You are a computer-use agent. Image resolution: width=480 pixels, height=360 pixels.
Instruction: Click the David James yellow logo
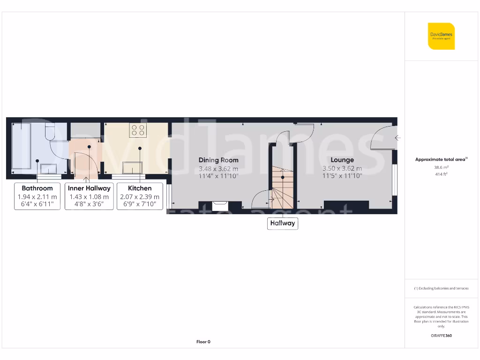point(441,36)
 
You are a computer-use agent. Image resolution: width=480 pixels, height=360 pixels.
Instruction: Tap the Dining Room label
point(218,160)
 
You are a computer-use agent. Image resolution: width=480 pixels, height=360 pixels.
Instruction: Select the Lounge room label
point(342,160)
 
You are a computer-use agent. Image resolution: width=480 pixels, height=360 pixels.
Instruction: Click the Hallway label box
point(282,223)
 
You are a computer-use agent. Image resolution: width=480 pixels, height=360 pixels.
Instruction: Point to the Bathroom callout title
point(37,188)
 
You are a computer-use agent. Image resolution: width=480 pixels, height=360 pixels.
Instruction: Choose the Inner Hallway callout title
point(89,188)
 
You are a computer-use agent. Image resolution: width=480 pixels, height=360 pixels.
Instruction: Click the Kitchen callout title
point(140,188)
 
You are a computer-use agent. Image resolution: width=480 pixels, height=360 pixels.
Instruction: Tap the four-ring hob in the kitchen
point(138,130)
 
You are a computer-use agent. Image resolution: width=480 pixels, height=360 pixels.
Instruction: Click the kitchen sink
point(132,167)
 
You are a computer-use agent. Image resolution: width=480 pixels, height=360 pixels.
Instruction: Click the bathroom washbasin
point(49,168)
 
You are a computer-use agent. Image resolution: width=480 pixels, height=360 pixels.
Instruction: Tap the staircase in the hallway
point(283,187)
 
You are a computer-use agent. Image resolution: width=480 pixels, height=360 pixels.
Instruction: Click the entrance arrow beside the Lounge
point(397,138)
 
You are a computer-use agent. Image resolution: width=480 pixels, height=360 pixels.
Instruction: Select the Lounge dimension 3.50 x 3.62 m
point(342,168)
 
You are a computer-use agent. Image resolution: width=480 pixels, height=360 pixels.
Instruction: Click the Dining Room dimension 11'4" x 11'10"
point(218,176)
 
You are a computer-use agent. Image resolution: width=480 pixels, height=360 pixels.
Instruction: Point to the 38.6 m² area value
point(441,167)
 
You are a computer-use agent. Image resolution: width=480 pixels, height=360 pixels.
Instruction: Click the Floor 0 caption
point(203,342)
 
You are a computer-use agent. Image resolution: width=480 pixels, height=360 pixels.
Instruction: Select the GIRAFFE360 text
point(441,336)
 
